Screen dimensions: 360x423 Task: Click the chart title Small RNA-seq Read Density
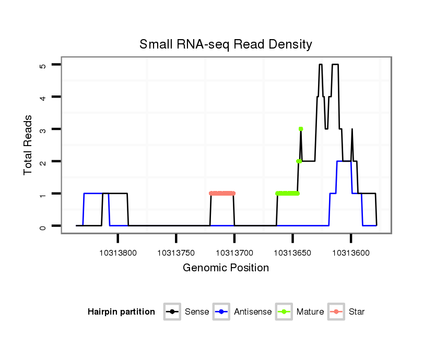(226, 44)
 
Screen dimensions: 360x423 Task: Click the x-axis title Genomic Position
(226, 268)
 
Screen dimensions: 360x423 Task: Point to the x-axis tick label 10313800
(118, 253)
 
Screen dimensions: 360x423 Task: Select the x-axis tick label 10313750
(176, 253)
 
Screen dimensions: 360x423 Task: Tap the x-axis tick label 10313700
(234, 253)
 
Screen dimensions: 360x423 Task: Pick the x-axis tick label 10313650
(292, 253)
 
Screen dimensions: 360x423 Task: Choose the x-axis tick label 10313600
(351, 253)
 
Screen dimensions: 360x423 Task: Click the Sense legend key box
(172, 312)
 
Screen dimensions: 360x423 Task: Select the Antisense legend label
(253, 312)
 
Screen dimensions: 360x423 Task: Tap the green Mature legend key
(284, 312)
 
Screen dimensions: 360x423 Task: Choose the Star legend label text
(357, 312)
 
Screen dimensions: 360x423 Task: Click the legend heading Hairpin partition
(121, 312)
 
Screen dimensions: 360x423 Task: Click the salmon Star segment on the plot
(222, 193)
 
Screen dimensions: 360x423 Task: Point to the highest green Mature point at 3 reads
(301, 129)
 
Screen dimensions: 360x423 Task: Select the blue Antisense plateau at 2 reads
(344, 161)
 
